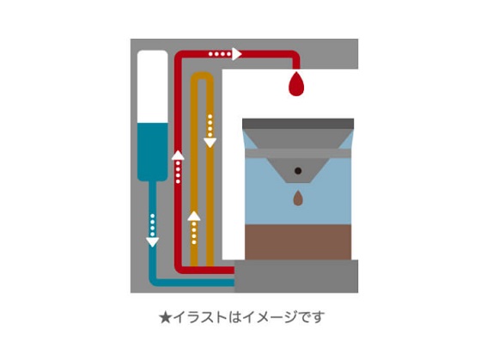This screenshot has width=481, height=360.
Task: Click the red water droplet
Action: (x=296, y=85)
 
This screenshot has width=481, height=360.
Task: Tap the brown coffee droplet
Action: (x=298, y=198)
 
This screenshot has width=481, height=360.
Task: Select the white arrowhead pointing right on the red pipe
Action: (x=236, y=54)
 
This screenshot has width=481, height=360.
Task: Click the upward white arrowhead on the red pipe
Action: (x=178, y=156)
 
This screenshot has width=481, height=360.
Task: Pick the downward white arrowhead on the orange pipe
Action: (x=210, y=143)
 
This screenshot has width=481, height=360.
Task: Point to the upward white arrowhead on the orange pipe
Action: (x=194, y=216)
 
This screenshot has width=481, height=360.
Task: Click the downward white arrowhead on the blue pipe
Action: (x=153, y=242)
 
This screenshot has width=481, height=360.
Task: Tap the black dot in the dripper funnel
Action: (x=298, y=171)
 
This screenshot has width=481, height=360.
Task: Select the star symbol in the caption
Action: (x=165, y=318)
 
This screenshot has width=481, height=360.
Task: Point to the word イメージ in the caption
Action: (x=270, y=317)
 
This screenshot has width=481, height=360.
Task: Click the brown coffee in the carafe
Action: (x=298, y=242)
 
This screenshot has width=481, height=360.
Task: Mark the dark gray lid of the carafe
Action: (x=298, y=124)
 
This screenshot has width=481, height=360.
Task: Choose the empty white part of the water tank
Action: (x=153, y=87)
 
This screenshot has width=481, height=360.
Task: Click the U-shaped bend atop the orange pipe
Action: (x=202, y=76)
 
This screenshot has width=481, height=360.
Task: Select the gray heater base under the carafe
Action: (x=296, y=276)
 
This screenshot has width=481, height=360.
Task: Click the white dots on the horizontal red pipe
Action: (x=220, y=54)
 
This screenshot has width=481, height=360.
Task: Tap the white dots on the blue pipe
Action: (x=153, y=225)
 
